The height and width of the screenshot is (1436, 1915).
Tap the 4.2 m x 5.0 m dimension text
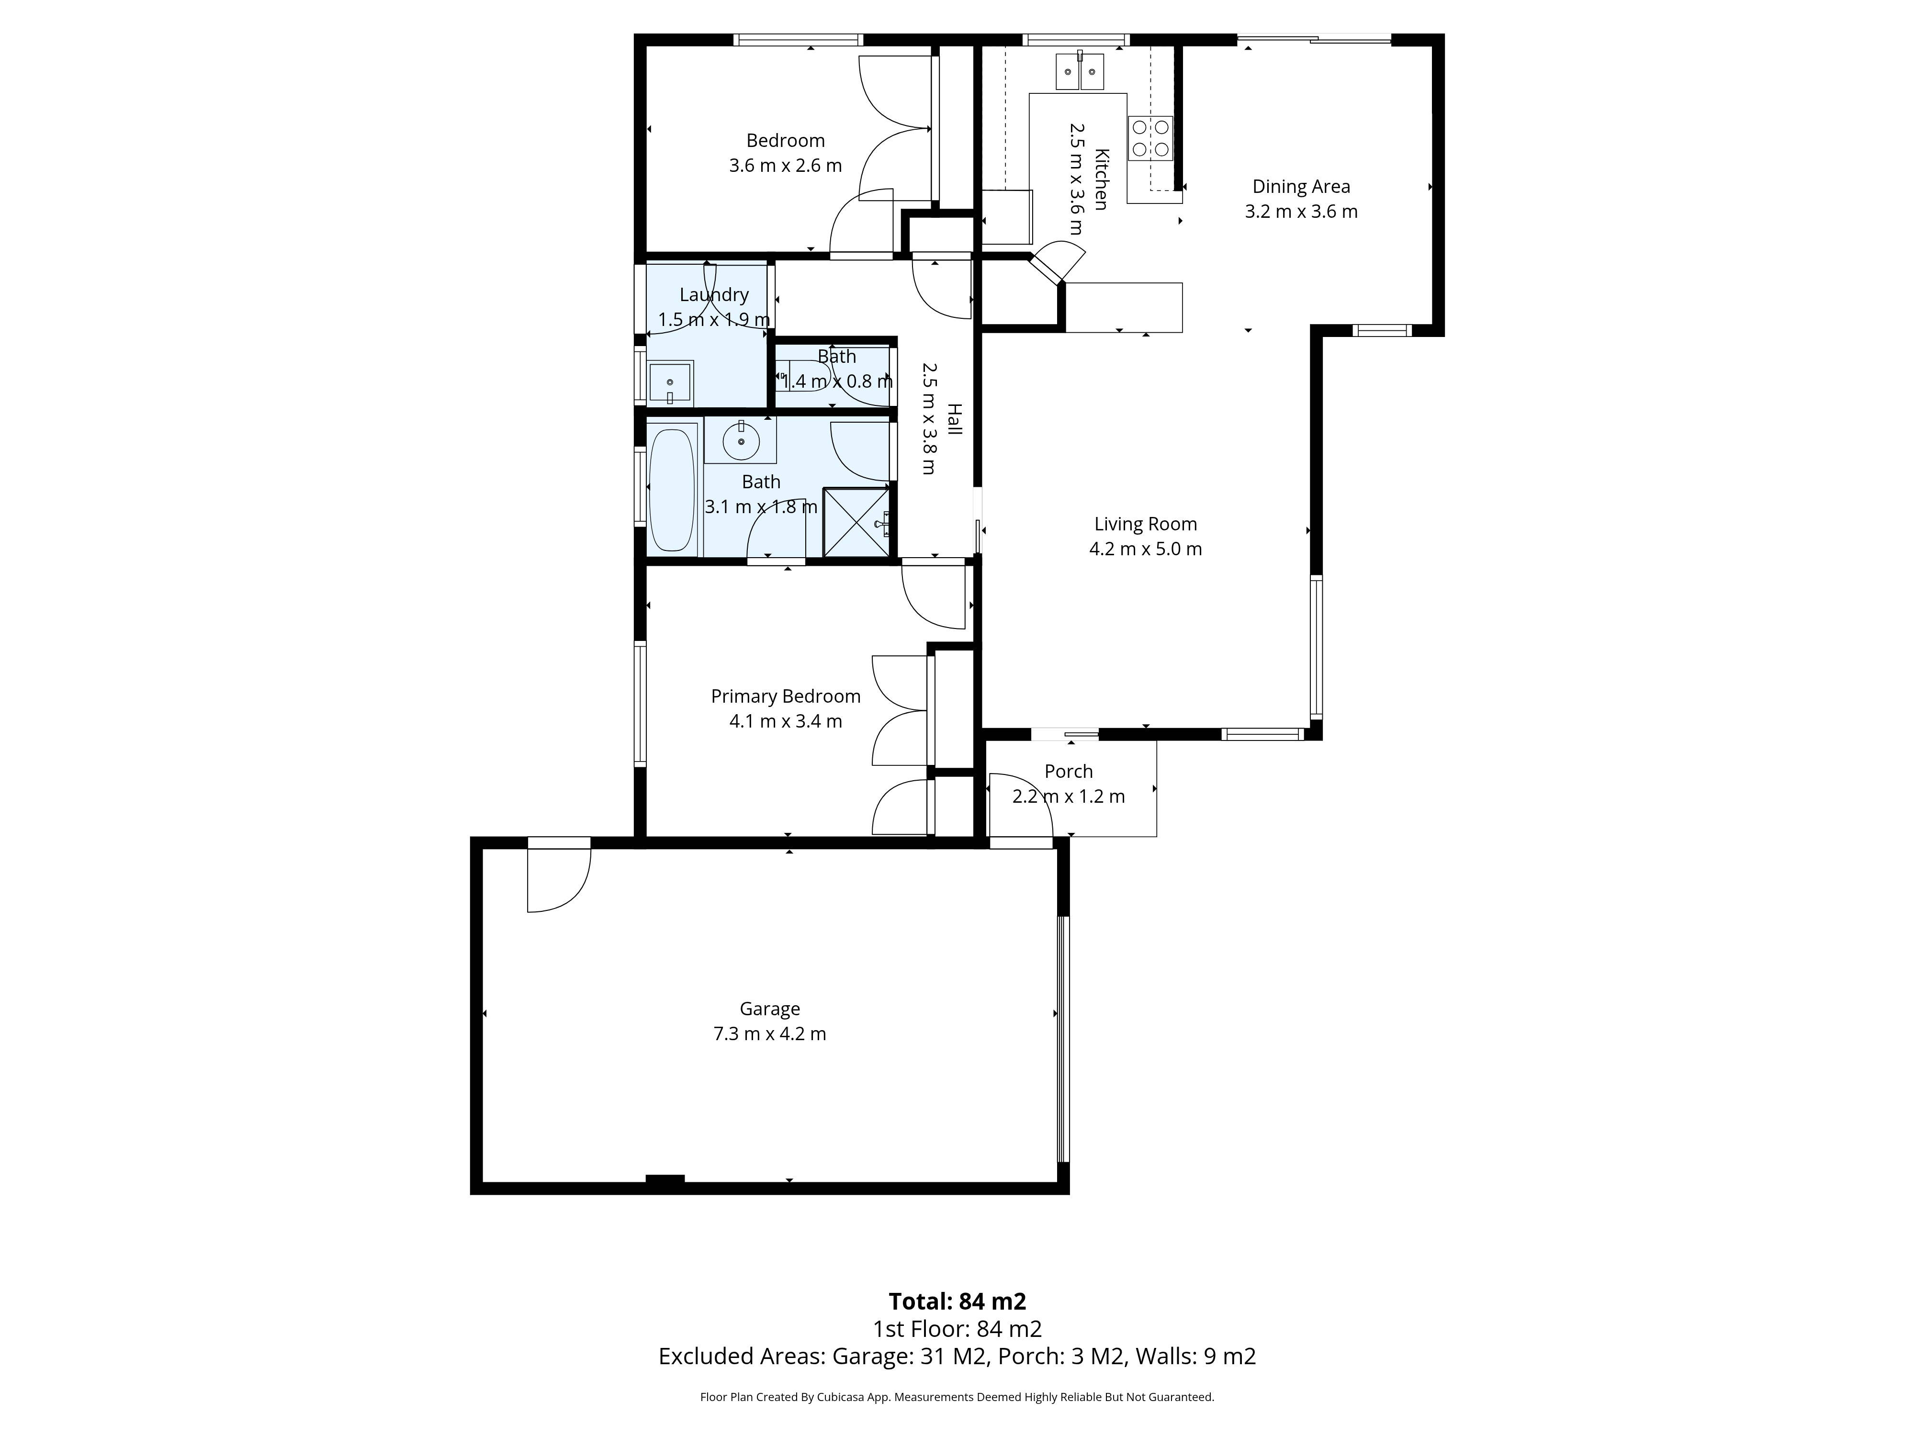click(x=1145, y=549)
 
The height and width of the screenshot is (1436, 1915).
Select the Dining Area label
click(x=1300, y=186)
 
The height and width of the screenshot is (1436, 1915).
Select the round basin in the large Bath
click(x=741, y=441)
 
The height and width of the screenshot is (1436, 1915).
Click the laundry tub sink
click(x=670, y=382)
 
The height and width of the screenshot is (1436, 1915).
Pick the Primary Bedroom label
click(x=785, y=696)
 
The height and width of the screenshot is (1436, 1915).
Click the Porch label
click(x=1068, y=771)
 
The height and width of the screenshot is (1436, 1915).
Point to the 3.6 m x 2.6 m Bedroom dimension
click(x=785, y=165)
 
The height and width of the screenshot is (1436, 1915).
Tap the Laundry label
click(x=713, y=294)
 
